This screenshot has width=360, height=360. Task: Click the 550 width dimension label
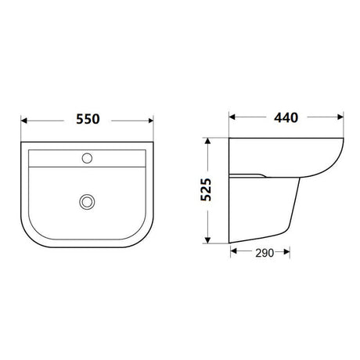click(x=88, y=121)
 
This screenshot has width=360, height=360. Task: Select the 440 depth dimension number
click(x=287, y=118)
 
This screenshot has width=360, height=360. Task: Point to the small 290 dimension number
click(x=263, y=253)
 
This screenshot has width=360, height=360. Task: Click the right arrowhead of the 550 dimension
click(x=152, y=121)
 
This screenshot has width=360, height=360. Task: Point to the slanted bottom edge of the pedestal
click(x=262, y=239)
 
